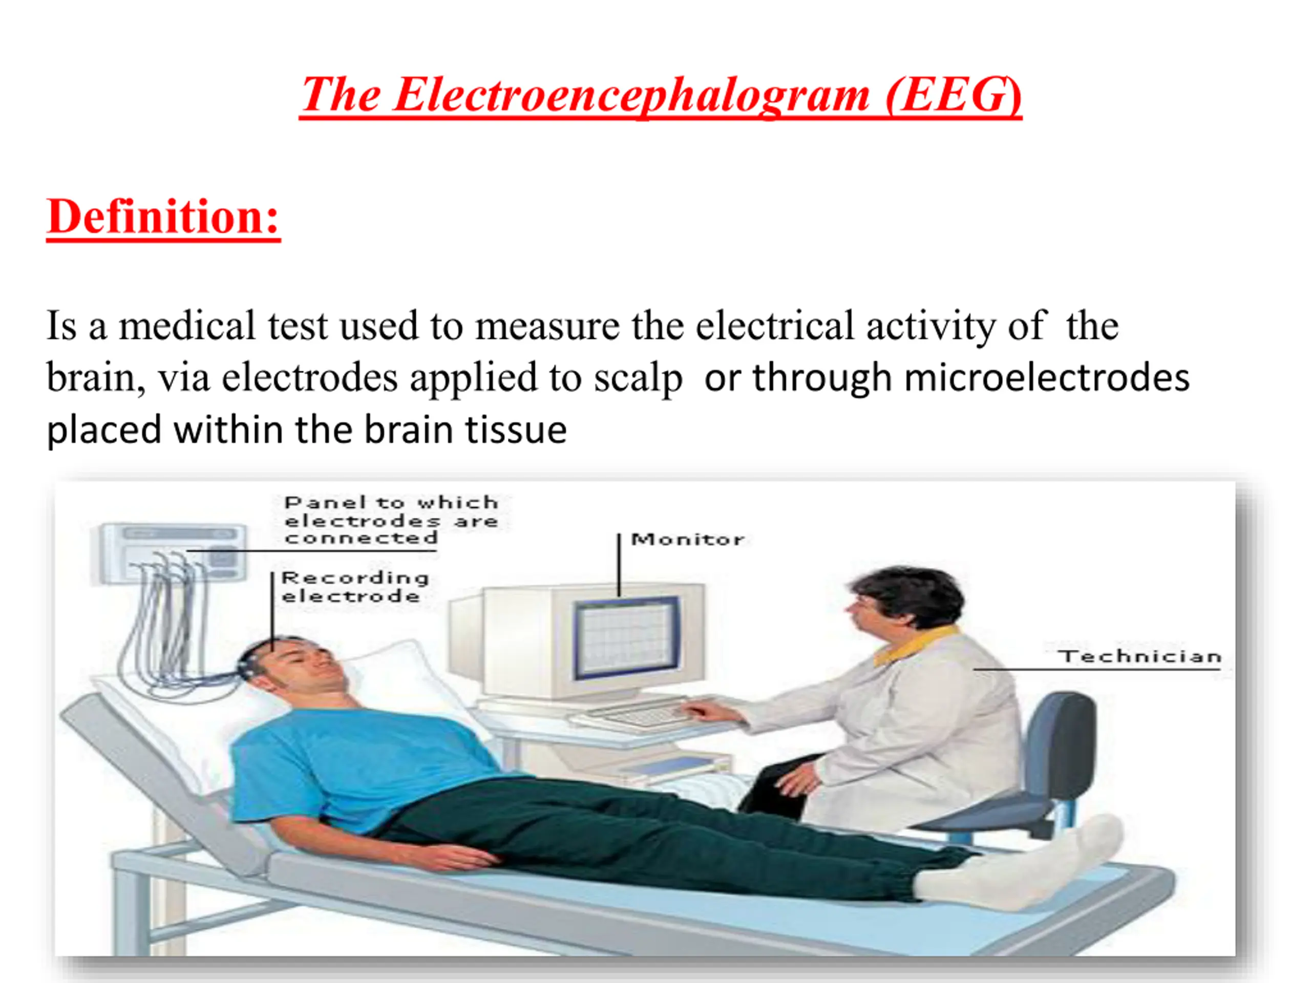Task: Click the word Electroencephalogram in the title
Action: (631, 95)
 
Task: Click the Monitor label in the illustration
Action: (687, 539)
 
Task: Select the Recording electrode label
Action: (354, 587)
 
